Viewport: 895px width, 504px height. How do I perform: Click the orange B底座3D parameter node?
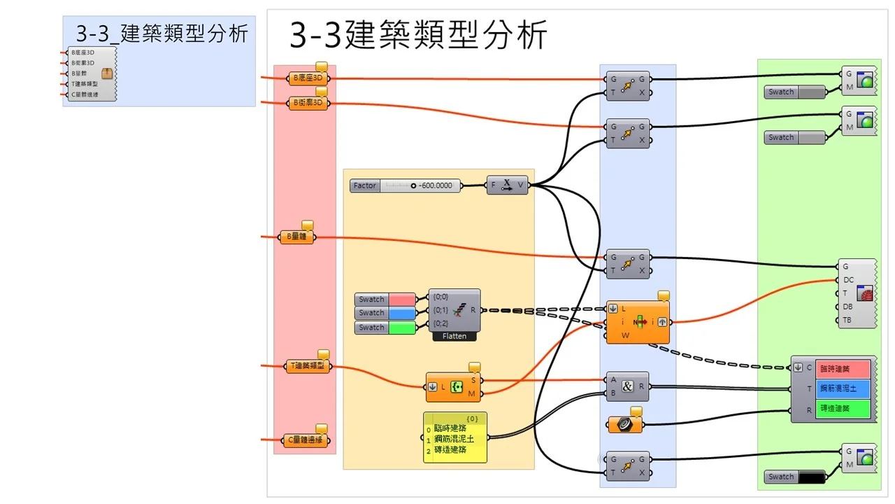point(308,78)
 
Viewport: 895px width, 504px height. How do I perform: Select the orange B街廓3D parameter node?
point(308,104)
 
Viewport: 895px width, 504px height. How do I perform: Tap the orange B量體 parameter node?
point(296,237)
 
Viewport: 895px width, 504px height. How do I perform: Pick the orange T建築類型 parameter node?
point(308,365)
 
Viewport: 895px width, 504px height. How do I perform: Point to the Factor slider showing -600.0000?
point(406,185)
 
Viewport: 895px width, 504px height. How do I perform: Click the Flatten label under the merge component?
point(454,336)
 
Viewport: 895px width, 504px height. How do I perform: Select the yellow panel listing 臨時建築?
point(455,438)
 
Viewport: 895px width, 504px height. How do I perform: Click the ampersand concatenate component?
point(627,386)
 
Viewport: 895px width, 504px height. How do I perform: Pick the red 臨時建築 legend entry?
point(843,368)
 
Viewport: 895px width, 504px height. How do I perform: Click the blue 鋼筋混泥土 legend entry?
point(843,388)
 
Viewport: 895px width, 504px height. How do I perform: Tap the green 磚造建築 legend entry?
point(843,408)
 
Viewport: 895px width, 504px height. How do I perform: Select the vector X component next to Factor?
point(508,185)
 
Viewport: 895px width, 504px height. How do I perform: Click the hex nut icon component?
point(622,424)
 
